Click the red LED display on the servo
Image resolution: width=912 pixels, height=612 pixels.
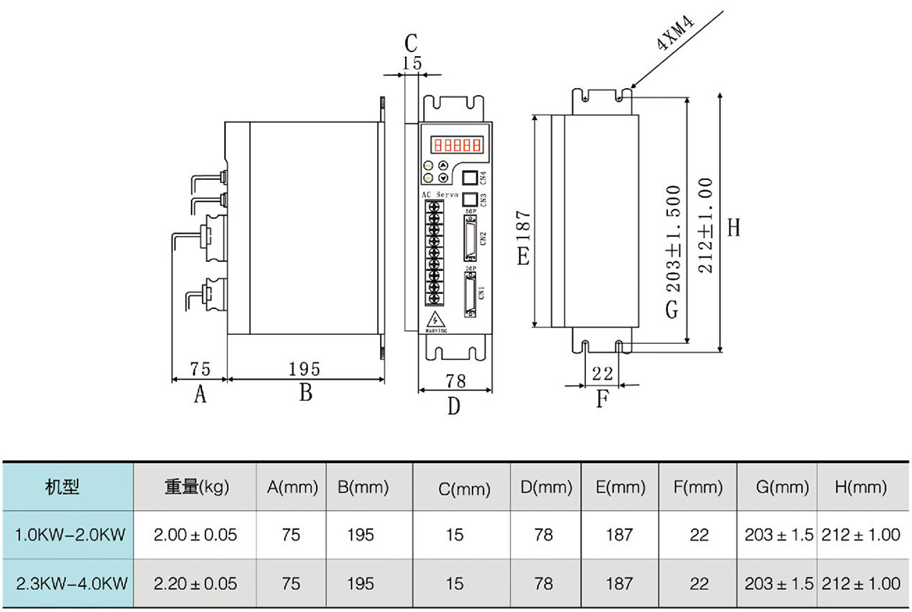pos(458,144)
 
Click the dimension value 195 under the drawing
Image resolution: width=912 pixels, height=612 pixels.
pos(305,369)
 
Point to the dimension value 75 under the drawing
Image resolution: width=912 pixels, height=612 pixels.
pos(200,369)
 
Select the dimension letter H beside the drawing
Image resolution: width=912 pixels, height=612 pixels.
pos(733,227)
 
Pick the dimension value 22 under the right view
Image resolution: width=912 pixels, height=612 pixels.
pos(602,373)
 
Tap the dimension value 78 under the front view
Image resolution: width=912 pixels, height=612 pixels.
pos(455,380)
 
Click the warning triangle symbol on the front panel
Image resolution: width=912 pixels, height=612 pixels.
pos(435,320)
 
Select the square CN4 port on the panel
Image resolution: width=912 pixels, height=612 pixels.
pos(470,178)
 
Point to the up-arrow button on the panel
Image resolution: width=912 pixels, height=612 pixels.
pos(443,166)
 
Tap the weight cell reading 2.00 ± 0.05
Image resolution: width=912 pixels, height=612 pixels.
pos(195,535)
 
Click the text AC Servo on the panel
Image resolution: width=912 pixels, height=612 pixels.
pos(442,195)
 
